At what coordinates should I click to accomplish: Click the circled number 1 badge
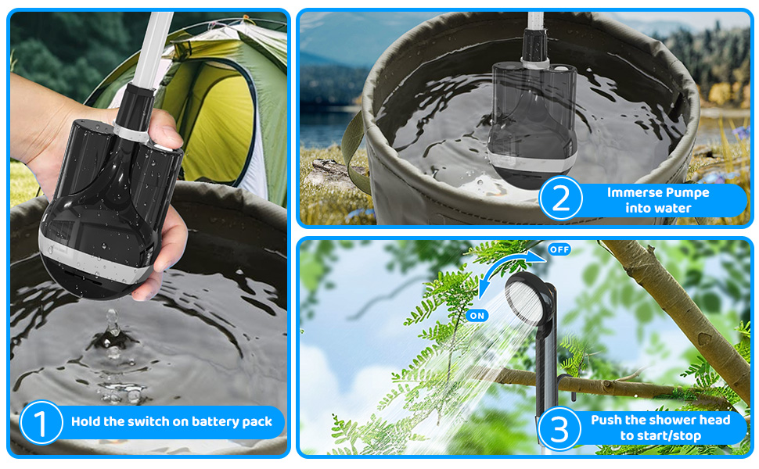coord(41,422)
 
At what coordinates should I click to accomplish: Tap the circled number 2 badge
coord(561,199)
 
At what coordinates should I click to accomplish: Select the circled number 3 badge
coord(559,429)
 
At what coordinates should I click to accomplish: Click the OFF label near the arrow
coord(559,249)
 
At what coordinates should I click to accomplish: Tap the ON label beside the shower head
coord(477,316)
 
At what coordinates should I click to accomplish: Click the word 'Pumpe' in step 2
coord(687,193)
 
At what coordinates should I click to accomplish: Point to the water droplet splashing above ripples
coord(113,321)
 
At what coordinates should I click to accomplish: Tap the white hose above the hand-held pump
coord(153,48)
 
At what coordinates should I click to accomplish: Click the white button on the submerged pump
coord(560,69)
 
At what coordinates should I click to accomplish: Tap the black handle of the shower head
coord(546,367)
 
